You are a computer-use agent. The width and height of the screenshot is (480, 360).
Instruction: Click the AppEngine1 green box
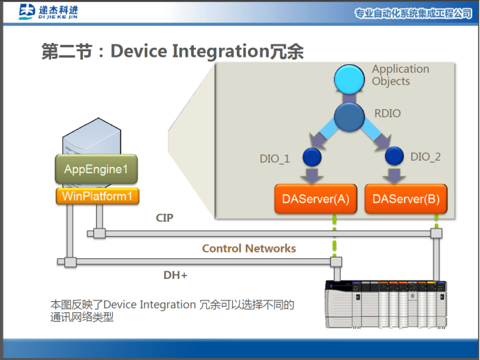pyautogui.click(x=96, y=169)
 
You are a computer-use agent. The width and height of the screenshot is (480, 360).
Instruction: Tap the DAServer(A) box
pyautogui.click(x=314, y=199)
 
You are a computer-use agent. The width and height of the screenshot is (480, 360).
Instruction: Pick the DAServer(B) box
pyautogui.click(x=405, y=199)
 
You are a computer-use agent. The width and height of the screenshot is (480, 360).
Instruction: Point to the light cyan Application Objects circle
pyautogui.click(x=349, y=80)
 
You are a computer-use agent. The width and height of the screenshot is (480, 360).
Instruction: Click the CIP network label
pyautogui.click(x=164, y=218)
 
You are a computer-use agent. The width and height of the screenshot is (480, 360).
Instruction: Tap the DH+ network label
pyautogui.click(x=175, y=275)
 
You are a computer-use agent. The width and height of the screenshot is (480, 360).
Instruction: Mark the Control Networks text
pyautogui.click(x=249, y=248)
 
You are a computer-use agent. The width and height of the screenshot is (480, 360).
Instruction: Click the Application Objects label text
pyautogui.click(x=400, y=75)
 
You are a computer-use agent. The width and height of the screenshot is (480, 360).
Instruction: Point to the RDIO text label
pyautogui.click(x=387, y=114)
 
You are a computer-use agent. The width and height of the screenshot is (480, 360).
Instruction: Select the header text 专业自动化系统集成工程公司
pyautogui.click(x=413, y=13)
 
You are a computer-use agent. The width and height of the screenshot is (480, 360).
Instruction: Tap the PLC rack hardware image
pyautogui.click(x=386, y=303)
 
